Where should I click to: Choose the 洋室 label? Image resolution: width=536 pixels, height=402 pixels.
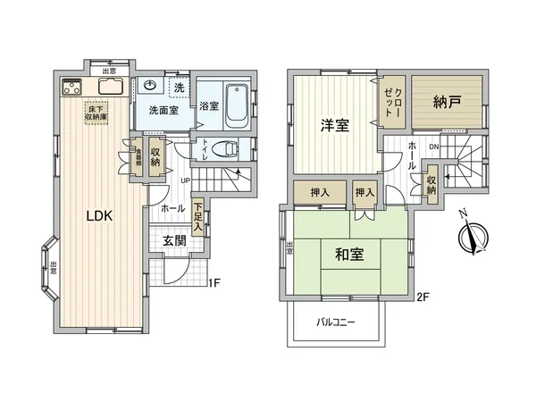tap(334, 126)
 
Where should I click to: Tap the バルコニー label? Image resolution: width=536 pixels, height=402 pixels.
tap(336, 322)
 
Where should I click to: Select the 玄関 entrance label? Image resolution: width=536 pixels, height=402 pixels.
tap(174, 240)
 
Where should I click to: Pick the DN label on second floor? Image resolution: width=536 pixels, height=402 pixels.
tap(432, 147)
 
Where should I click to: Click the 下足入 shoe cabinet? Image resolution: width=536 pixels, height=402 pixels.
tap(197, 216)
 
